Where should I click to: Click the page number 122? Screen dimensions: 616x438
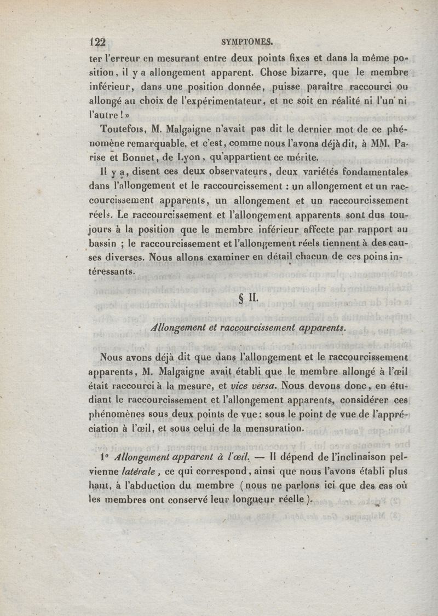pos(97,44)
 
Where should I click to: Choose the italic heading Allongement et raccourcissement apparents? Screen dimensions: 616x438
pos(249,327)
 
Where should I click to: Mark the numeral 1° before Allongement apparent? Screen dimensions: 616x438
pos(105,457)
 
